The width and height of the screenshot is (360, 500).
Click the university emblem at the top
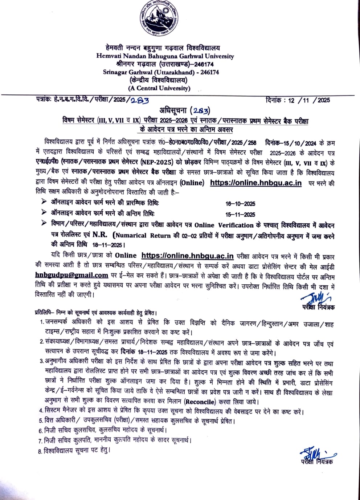(x=159, y=21)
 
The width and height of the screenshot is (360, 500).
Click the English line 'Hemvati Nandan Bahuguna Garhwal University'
(x=165, y=56)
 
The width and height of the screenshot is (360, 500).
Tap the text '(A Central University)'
(x=159, y=88)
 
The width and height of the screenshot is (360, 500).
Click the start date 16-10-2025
(x=240, y=204)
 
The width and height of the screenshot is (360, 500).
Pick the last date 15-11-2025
(x=240, y=215)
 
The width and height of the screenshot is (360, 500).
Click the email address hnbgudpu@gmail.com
(x=72, y=275)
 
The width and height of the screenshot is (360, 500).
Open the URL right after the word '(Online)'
(x=256, y=183)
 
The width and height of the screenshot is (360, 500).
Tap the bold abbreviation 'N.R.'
(x=101, y=235)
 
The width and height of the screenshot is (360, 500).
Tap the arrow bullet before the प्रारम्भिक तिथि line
(x=44, y=202)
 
